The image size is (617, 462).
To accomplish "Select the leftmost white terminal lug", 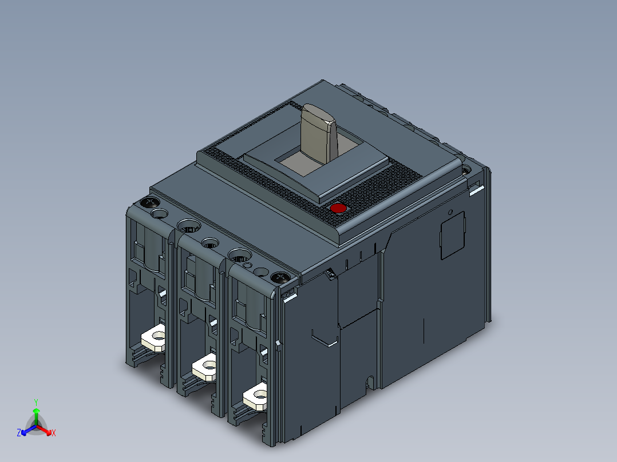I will pos(153,338).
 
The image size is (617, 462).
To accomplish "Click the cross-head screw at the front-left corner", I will pos(150,203).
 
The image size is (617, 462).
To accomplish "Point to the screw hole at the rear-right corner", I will pos(466,170).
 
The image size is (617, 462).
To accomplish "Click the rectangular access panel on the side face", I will pos(452,234).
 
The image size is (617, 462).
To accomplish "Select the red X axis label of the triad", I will pos(54,433).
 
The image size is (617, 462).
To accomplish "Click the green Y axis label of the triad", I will pos(35,402).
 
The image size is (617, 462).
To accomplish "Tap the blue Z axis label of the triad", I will pos(19,433).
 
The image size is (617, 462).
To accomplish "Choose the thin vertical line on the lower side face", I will pos(424,332).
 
